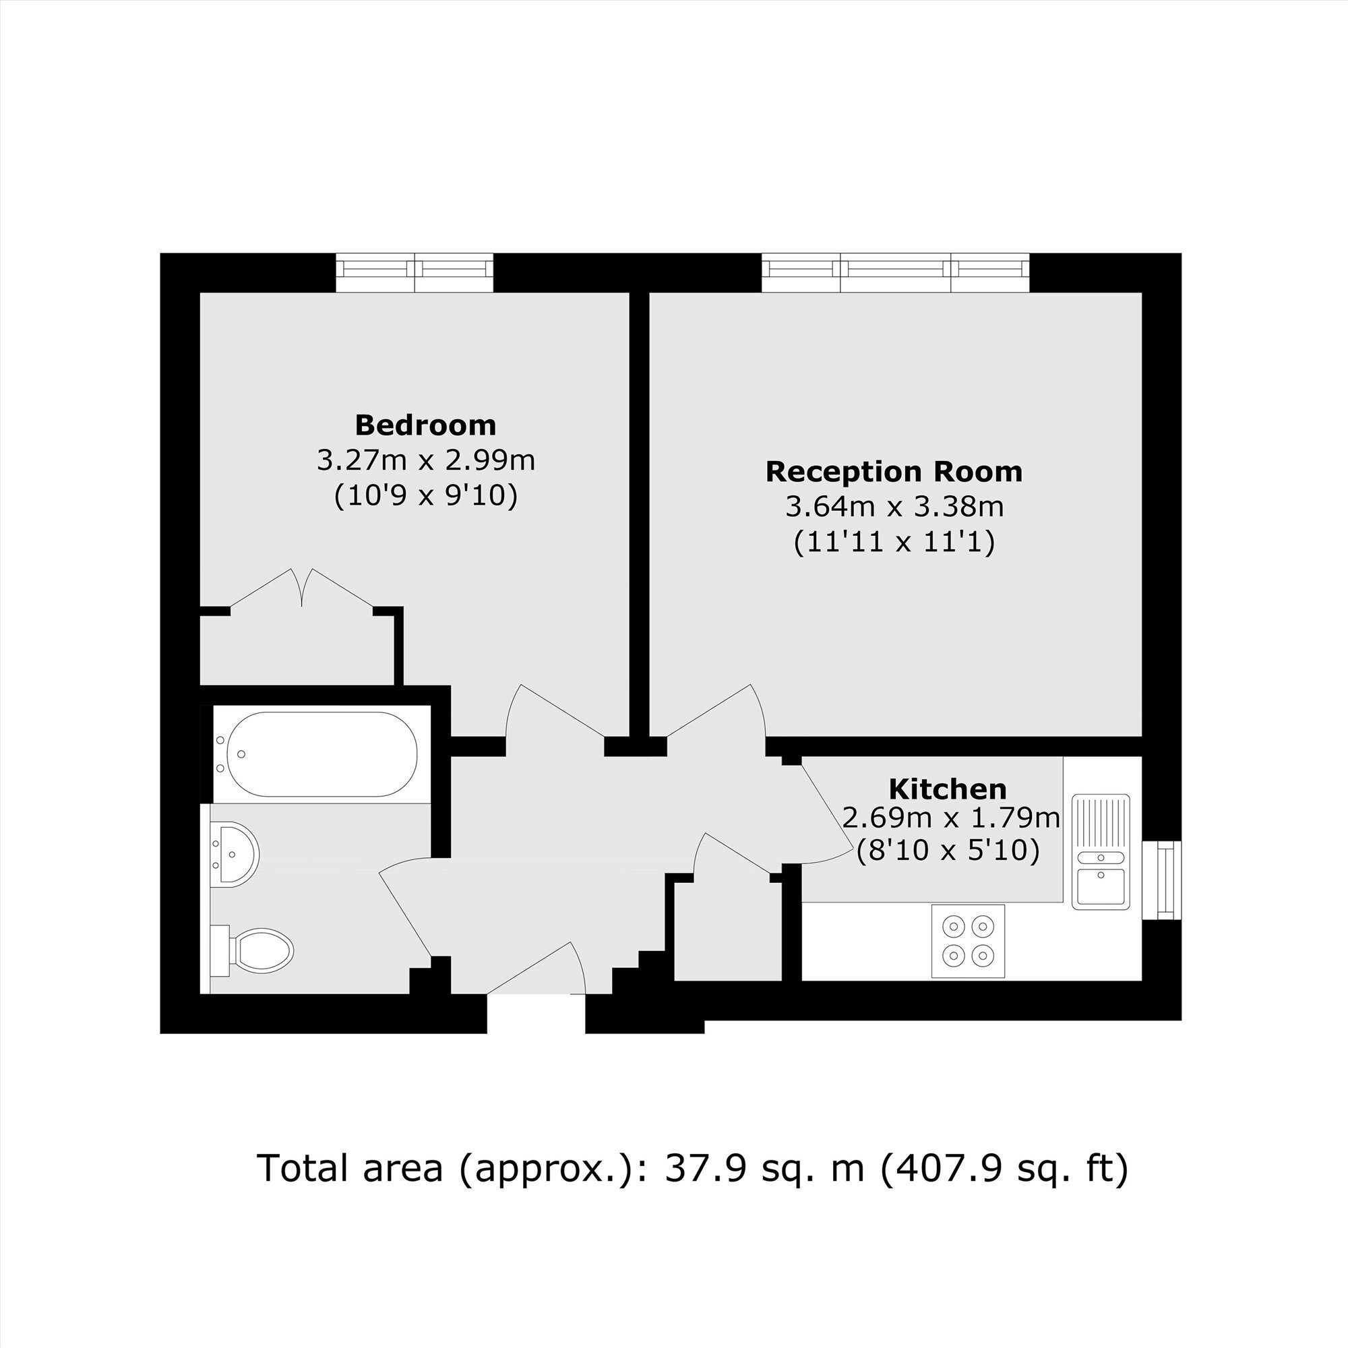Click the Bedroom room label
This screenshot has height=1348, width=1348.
(425, 424)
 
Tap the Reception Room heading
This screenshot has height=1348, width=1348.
(894, 472)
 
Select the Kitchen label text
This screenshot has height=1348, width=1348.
(948, 789)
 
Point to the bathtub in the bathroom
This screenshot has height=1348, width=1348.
(323, 754)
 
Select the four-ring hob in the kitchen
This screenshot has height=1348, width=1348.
(968, 940)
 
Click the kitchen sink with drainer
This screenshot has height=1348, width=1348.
(1101, 851)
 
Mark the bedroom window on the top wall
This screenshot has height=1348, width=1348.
(415, 273)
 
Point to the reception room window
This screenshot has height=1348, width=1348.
(896, 273)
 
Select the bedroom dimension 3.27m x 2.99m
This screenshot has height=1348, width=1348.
(425, 460)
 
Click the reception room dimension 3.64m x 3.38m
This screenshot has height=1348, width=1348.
(894, 507)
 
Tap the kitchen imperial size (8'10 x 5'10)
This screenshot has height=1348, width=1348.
(948, 851)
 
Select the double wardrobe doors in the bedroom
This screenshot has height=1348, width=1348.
(302, 590)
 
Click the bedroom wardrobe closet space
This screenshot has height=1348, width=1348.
(298, 649)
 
